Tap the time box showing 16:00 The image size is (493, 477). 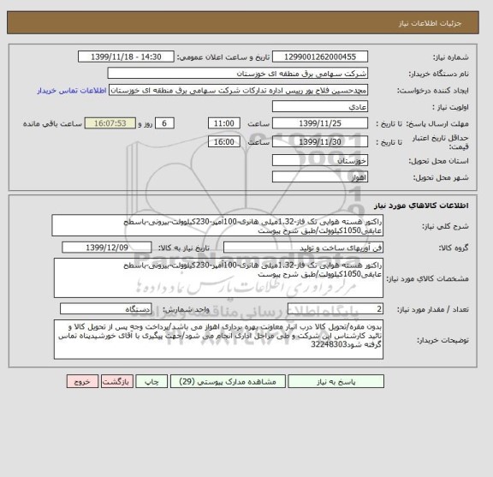223,141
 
